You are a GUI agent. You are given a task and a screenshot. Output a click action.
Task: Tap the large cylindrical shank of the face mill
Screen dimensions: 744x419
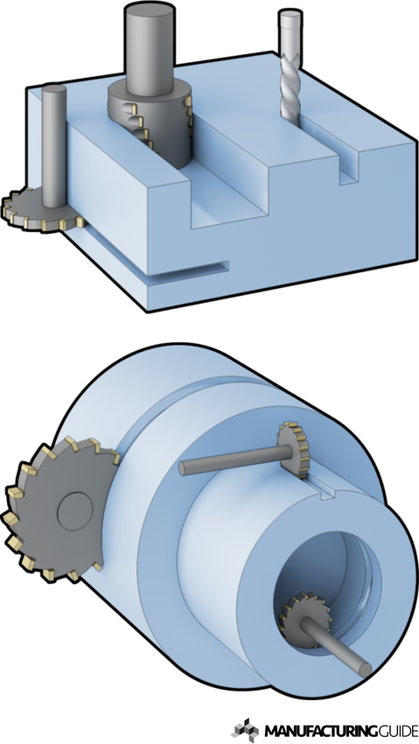tap(150, 53)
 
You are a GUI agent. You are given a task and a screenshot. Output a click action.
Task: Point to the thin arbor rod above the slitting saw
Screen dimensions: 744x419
tap(55, 140)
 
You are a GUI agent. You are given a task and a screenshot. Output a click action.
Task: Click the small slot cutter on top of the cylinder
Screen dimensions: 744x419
tap(295, 452)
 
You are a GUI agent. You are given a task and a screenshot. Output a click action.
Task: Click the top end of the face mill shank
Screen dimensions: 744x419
tap(150, 11)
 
